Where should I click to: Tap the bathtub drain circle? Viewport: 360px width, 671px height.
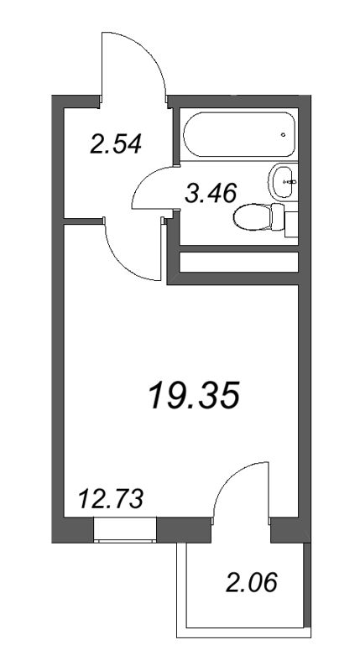(284, 134)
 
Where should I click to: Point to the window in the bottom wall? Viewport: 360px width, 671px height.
(125, 531)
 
